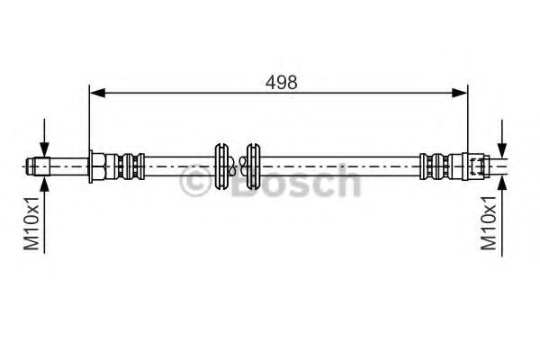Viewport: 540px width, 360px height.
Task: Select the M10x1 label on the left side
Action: (x=31, y=222)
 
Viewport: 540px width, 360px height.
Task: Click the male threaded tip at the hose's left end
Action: (x=38, y=166)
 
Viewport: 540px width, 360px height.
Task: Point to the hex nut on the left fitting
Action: (x=95, y=166)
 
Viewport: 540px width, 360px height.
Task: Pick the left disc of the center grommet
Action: (x=222, y=166)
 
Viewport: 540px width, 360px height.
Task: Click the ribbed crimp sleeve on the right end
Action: (x=436, y=166)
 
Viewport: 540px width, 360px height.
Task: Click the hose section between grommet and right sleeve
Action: (x=342, y=166)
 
